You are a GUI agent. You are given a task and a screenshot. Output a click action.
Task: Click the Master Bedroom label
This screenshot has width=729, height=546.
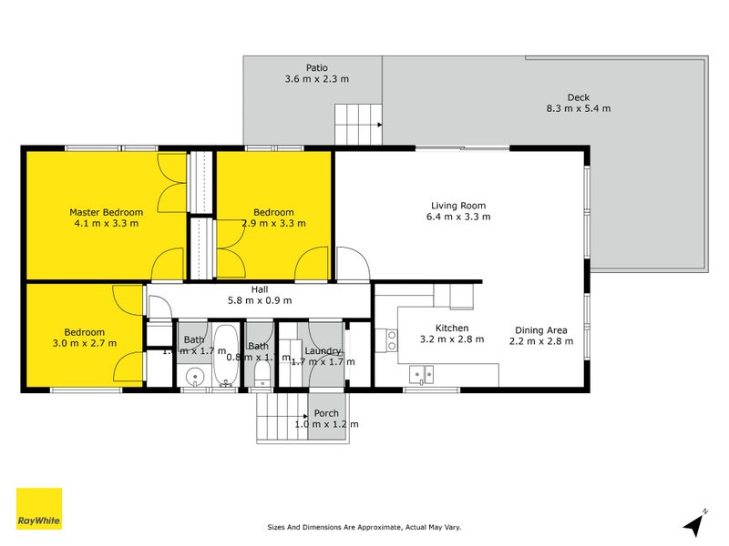(x=105, y=212)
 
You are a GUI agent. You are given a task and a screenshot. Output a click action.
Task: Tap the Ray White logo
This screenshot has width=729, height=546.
(x=39, y=509)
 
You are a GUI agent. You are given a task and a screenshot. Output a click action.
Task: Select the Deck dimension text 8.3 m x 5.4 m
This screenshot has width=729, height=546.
(x=578, y=108)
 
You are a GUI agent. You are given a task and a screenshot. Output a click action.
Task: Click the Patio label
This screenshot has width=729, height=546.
(x=317, y=67)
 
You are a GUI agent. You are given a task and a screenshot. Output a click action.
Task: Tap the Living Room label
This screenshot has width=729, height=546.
(x=458, y=205)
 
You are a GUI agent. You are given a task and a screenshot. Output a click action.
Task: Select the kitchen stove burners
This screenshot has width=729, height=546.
(x=392, y=340)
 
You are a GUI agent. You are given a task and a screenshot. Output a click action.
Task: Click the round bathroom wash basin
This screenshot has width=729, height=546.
(x=193, y=376)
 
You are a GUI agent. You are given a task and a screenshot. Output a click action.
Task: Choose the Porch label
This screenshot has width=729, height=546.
(x=326, y=412)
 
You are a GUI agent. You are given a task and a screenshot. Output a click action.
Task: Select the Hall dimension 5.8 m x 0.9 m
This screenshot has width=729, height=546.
(x=260, y=300)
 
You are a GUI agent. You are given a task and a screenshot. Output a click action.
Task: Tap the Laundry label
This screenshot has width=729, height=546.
(x=323, y=350)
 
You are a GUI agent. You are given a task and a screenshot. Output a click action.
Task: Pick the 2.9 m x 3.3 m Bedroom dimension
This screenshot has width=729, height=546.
(x=273, y=223)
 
